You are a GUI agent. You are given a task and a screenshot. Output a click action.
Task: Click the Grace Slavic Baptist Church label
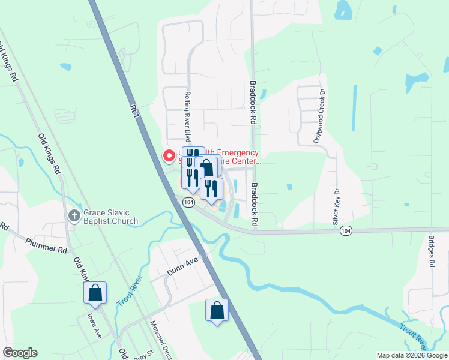(x=111, y=217)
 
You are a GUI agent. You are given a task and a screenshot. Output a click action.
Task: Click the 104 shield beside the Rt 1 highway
(x=189, y=203)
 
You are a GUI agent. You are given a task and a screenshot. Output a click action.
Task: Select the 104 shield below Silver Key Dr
(x=345, y=230)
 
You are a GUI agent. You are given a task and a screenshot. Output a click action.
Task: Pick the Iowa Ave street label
(x=92, y=324)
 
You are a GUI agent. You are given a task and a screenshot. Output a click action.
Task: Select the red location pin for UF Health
(x=169, y=155)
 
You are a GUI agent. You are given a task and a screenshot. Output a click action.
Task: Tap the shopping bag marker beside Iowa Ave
(x=95, y=293)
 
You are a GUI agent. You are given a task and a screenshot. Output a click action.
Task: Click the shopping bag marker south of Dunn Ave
(x=217, y=311)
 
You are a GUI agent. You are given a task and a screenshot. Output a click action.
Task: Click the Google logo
(x=19, y=353)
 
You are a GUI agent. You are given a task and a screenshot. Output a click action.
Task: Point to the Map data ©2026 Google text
(x=411, y=355)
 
